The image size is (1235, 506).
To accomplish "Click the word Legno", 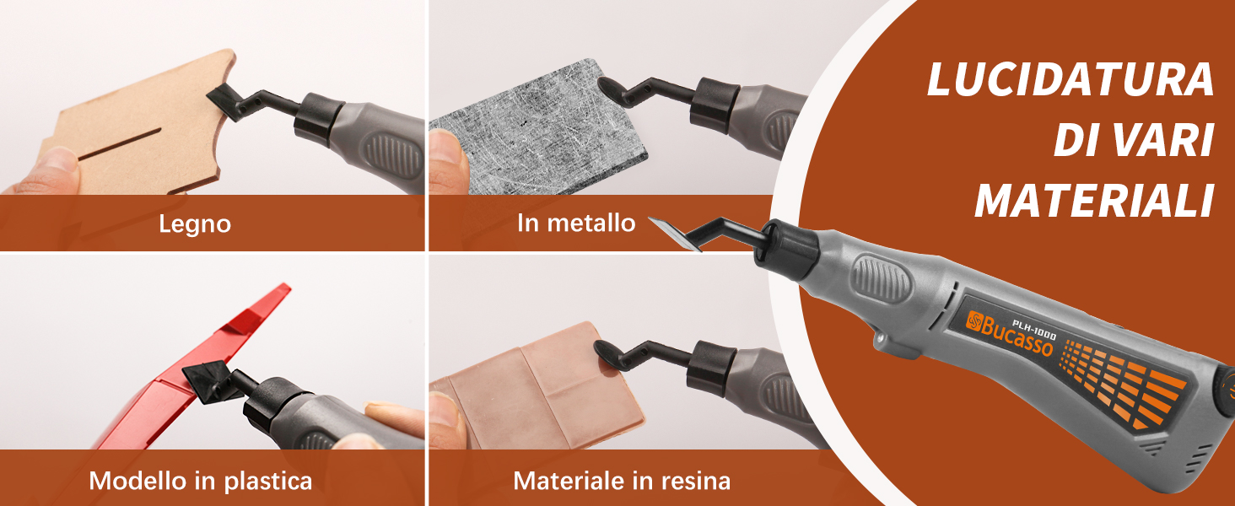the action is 195,224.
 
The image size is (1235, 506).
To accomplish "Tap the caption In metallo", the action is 576,223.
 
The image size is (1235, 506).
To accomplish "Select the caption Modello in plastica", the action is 200,481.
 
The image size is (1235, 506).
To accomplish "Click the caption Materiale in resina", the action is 622,481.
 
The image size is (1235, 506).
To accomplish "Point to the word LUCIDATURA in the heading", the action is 1071,80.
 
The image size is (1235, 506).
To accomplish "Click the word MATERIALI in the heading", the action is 1094,201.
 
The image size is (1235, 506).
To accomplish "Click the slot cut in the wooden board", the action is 119,144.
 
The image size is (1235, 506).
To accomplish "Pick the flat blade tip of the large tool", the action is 674,234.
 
